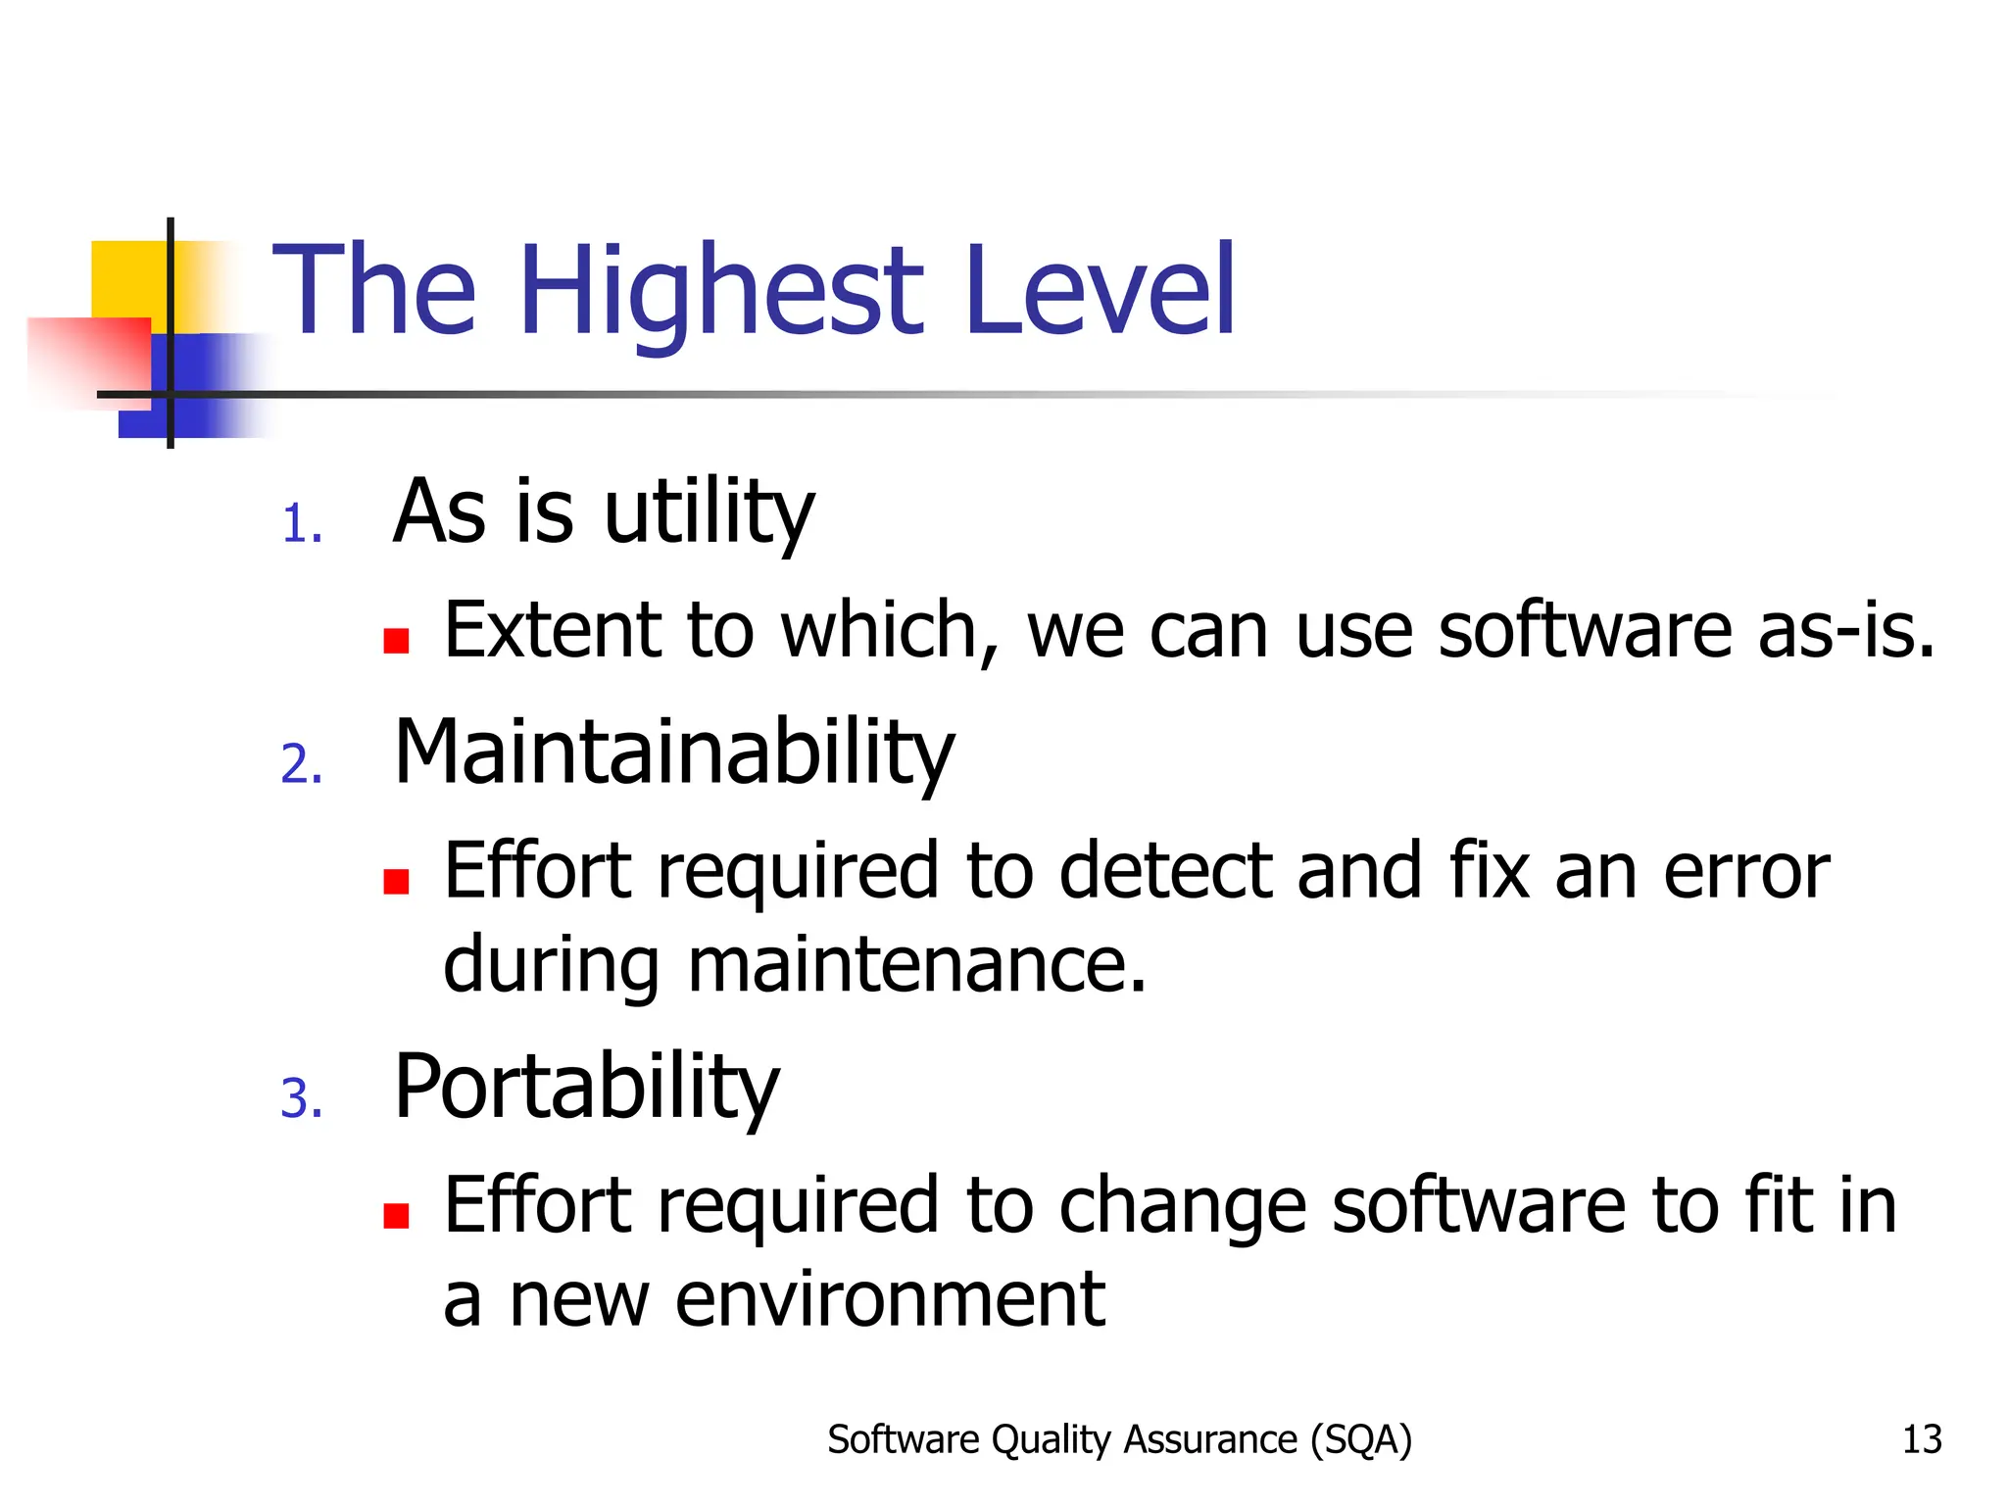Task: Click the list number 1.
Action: (300, 524)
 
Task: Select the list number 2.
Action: (301, 764)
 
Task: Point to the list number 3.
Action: (301, 1098)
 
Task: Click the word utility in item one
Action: (709, 512)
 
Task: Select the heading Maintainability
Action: (673, 752)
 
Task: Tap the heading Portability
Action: (586, 1087)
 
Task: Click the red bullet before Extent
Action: (396, 641)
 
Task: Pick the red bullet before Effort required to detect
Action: (396, 882)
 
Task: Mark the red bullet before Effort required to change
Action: (396, 1216)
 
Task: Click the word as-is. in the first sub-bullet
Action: (1845, 630)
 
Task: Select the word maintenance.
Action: (916, 965)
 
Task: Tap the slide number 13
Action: (1921, 1439)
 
